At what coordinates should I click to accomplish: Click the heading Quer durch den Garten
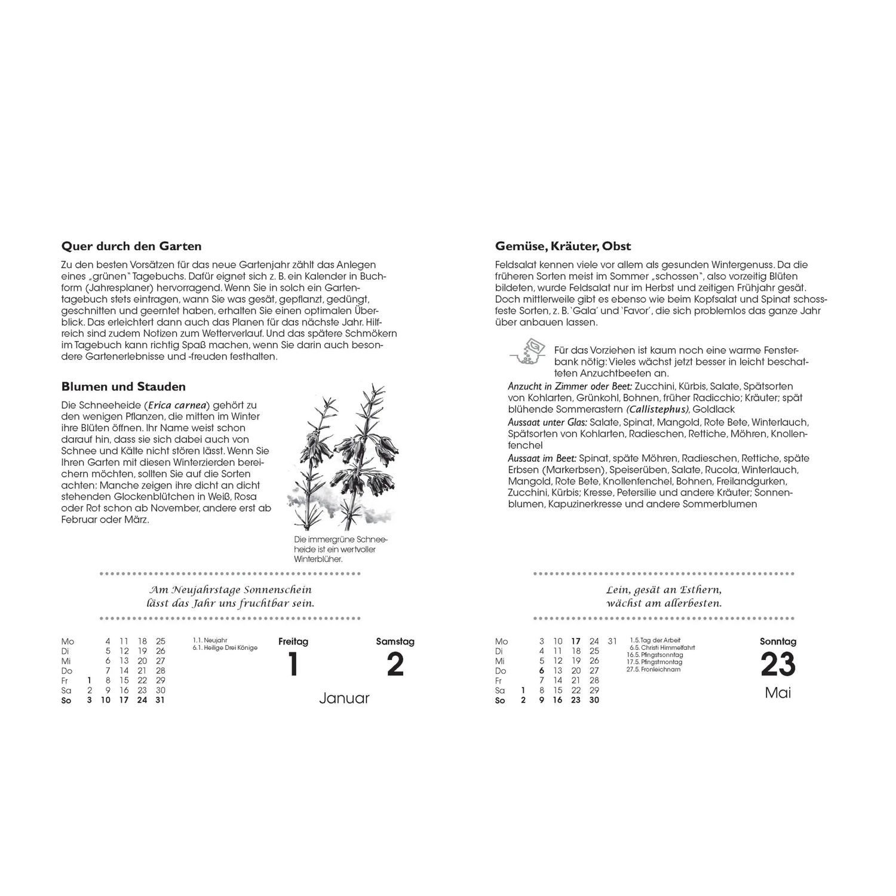[x=131, y=246]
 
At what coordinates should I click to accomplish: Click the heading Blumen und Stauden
[x=124, y=387]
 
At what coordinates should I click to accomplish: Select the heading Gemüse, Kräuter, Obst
[x=563, y=246]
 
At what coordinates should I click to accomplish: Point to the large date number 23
[x=778, y=665]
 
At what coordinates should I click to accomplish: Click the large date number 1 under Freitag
[x=293, y=664]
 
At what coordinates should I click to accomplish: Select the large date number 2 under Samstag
[x=395, y=664]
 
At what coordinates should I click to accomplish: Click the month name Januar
[x=344, y=698]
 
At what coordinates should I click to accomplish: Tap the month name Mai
[x=778, y=693]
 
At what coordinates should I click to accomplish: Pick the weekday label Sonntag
[x=778, y=642]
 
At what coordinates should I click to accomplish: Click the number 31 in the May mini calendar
[x=612, y=642]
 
